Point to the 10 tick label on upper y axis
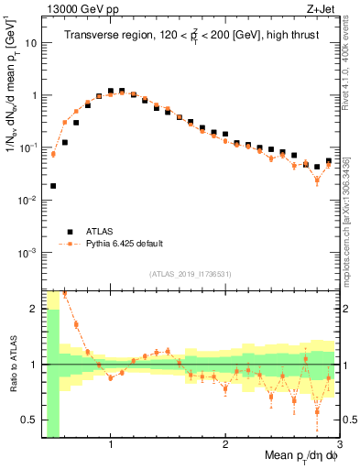point(31,42)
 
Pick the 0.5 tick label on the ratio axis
point(29,420)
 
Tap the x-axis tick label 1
point(111,446)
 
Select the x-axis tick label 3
point(339,446)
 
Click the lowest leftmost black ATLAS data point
point(53,186)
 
